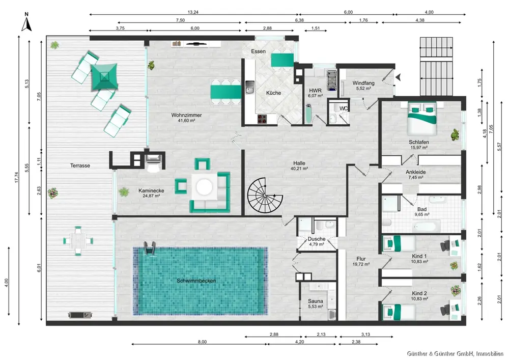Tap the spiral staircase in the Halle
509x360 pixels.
(x=265, y=195)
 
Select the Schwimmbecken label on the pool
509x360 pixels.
(x=196, y=281)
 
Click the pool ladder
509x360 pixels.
(x=150, y=249)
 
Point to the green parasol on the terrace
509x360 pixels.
(x=104, y=76)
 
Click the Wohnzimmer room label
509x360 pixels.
(x=186, y=115)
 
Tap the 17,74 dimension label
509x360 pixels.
(x=17, y=177)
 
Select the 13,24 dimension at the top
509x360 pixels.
(x=193, y=12)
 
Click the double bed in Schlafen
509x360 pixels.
(x=421, y=119)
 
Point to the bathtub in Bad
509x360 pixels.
(x=427, y=226)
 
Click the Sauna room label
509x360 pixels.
(x=315, y=301)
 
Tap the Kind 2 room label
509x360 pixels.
(x=419, y=293)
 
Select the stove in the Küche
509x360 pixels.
(x=262, y=119)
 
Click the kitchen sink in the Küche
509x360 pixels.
(x=250, y=87)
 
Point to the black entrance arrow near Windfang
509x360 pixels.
(x=399, y=77)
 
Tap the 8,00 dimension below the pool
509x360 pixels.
(x=202, y=342)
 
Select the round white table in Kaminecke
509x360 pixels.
(x=204, y=187)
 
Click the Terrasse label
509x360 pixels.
(x=80, y=165)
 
